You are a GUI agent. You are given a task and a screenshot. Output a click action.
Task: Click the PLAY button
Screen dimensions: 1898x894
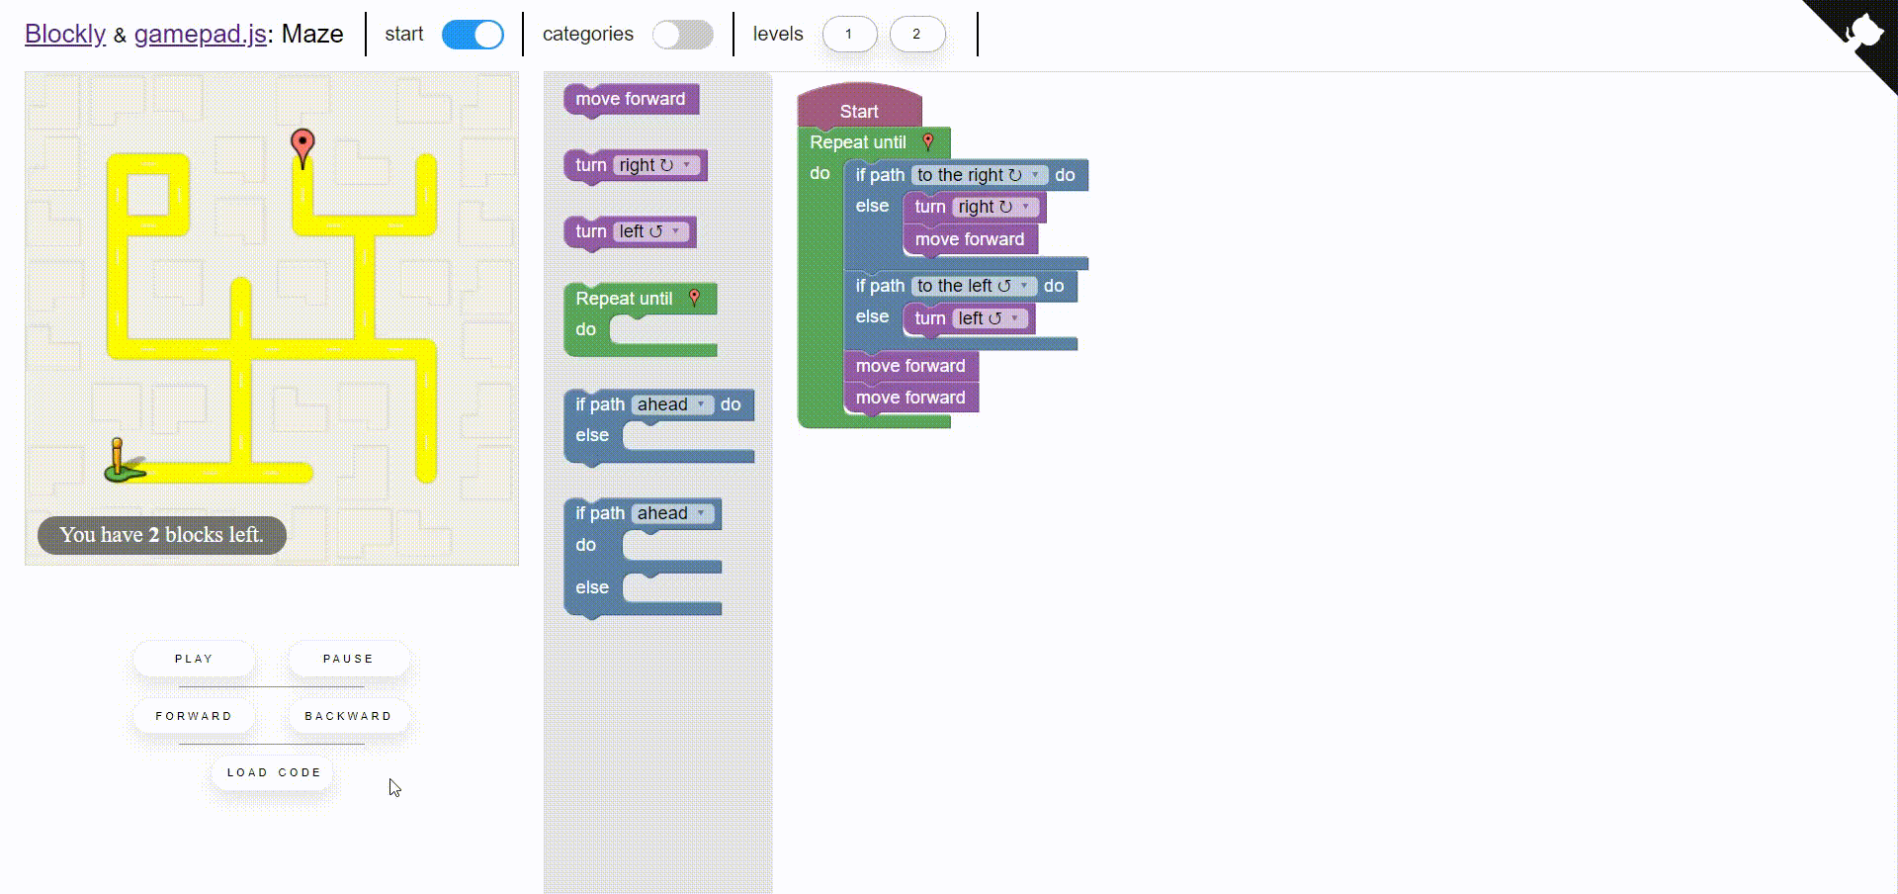click(194, 659)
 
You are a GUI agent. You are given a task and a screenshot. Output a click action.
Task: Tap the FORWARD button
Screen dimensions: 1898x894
click(194, 716)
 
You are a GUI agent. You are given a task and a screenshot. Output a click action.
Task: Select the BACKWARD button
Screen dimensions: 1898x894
click(348, 716)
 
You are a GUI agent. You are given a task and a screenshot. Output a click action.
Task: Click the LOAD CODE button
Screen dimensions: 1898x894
click(274, 772)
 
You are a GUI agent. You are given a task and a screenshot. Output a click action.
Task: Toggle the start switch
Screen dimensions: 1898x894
click(473, 35)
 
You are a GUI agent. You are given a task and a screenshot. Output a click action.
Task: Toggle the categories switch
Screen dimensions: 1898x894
click(682, 35)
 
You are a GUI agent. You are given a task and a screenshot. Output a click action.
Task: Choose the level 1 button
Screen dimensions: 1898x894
click(848, 35)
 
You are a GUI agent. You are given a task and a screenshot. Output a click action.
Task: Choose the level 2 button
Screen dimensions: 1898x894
click(916, 35)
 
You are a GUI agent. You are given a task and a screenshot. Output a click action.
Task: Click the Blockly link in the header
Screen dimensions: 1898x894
click(65, 35)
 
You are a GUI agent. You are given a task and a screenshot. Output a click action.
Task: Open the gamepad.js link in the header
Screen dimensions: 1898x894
click(201, 35)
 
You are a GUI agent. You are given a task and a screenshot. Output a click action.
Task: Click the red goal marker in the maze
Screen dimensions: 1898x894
click(302, 146)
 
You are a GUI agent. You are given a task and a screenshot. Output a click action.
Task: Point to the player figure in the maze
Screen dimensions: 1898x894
click(121, 462)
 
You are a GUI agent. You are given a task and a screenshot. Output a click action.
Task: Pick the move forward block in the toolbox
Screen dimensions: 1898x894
click(630, 99)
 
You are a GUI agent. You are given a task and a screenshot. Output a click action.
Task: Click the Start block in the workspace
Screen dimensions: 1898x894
click(858, 111)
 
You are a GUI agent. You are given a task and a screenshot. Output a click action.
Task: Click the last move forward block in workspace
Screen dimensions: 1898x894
click(909, 398)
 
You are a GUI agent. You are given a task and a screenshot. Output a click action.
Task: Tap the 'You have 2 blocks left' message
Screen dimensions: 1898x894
click(162, 535)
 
